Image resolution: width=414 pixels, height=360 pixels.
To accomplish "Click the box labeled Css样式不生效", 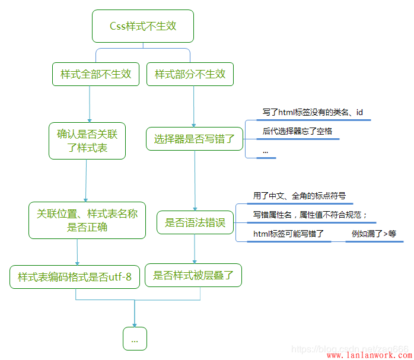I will coord(143,26).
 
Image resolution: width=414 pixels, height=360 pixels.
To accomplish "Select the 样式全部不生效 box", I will coord(95,75).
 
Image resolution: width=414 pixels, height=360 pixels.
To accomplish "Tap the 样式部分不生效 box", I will coord(190,75).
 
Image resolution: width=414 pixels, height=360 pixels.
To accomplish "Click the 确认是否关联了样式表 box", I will coord(87,141).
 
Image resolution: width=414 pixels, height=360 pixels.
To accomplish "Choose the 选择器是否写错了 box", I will coord(195,139).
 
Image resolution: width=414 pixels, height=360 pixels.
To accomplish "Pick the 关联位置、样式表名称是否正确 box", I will coord(87,220).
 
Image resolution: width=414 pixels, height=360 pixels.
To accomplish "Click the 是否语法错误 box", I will coord(195,223).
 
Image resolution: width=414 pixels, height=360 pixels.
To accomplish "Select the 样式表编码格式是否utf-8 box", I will coord(75,276).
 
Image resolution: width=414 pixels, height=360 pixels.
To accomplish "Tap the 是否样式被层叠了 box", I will coord(193,275).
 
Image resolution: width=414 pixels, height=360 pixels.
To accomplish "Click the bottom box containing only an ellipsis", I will coord(135,339).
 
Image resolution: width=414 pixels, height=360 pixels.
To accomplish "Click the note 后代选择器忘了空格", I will coord(297,131).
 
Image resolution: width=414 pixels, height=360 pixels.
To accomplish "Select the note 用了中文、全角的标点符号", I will coord(299,196).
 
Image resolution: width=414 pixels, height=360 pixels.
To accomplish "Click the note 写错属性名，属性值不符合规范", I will coord(310,215).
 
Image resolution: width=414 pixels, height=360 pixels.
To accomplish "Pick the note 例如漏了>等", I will coord(374,234).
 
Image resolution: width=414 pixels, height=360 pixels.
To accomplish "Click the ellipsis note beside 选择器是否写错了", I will coord(265,151).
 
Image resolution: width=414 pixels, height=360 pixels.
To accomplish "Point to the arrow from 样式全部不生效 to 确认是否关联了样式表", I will coord(89,104).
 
